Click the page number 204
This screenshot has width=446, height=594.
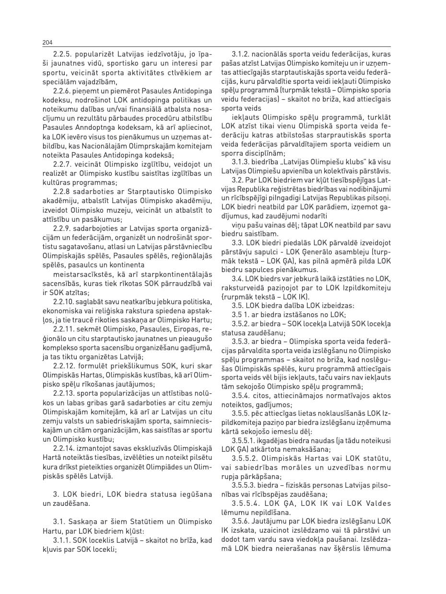click(x=47, y=43)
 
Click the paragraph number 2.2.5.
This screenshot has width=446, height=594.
click(x=62, y=55)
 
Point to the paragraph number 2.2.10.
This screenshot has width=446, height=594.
click(x=63, y=301)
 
